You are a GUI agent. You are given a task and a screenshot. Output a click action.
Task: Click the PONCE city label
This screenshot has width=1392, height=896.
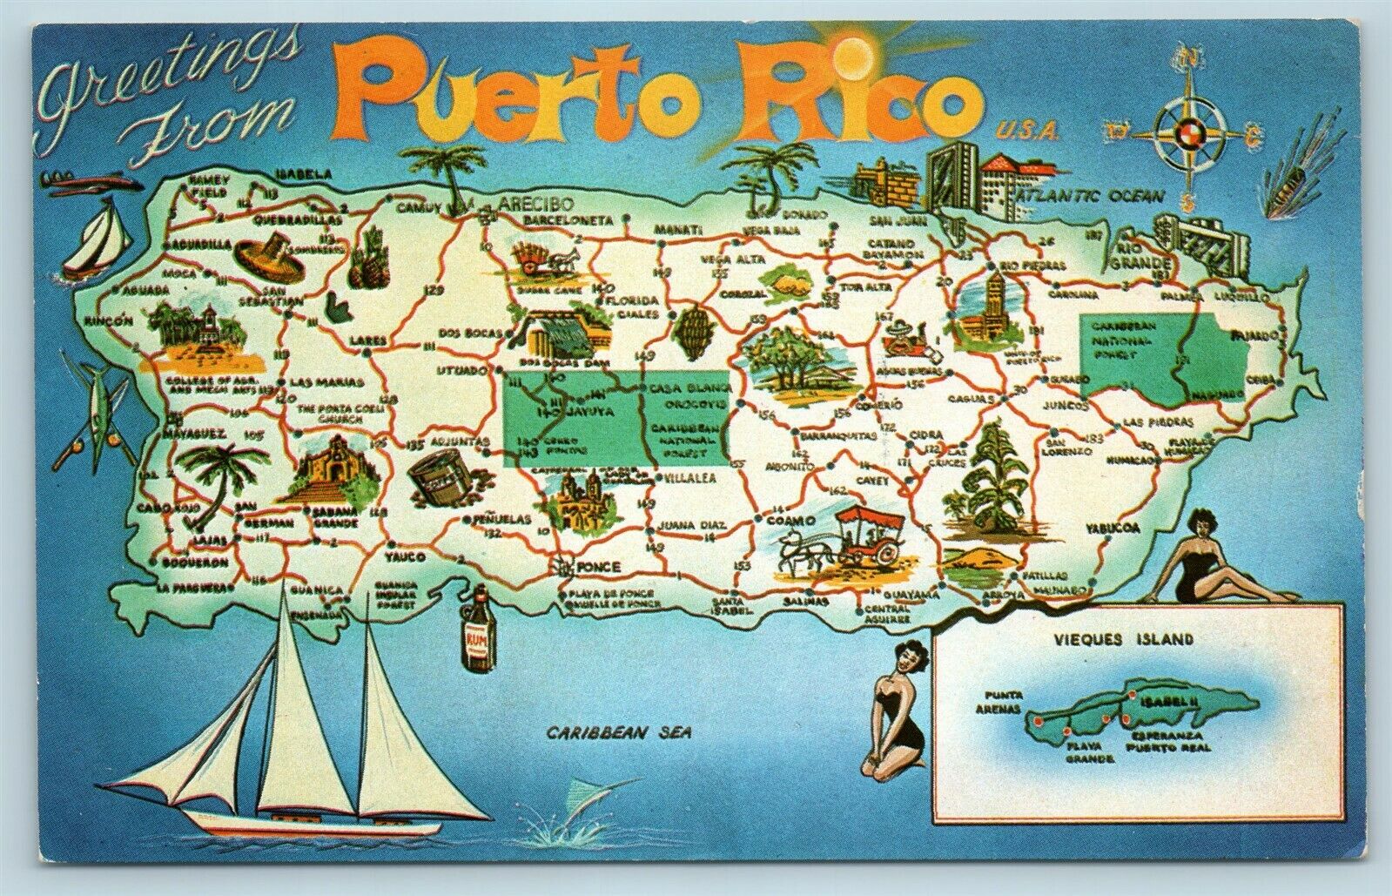(598, 567)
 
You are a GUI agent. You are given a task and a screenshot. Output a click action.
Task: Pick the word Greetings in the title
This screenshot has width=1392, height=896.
(164, 76)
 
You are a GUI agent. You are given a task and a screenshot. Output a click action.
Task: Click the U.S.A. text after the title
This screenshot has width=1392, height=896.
(1028, 131)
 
